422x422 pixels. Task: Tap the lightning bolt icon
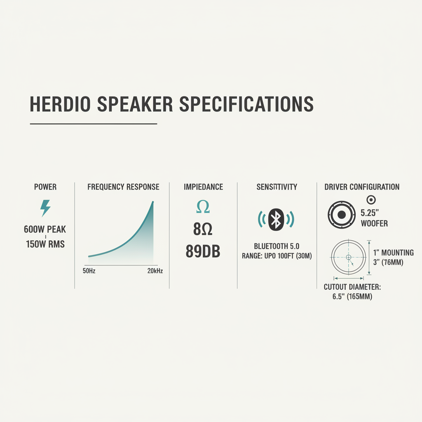point(45,208)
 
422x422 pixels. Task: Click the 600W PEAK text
point(45,230)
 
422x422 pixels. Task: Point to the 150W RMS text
point(45,244)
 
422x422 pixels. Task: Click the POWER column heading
point(45,187)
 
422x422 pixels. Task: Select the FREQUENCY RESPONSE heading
point(123,187)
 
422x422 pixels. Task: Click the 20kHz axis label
point(155,271)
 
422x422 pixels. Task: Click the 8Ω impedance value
point(203,230)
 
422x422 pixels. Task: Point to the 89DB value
point(203,252)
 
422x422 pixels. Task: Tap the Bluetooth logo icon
point(276,219)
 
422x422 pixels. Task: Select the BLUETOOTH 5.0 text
point(276,246)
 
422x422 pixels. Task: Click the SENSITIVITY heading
point(277,187)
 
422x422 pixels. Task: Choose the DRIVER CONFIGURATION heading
point(362,187)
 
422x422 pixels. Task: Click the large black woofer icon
point(341,214)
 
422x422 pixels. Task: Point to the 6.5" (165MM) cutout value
point(352,296)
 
